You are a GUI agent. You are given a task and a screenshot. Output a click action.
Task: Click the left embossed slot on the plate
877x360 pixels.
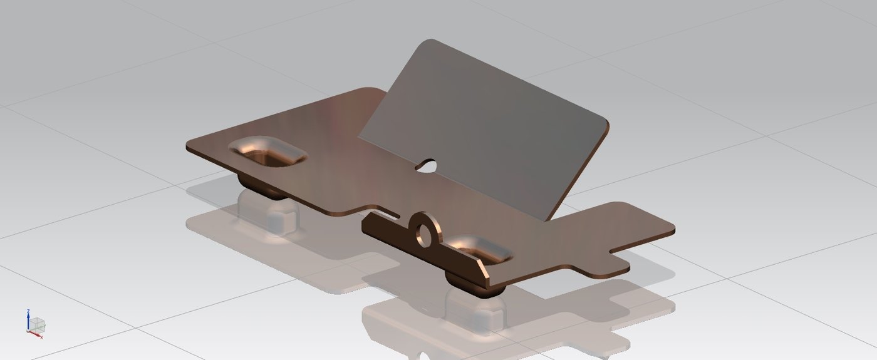click(x=267, y=153)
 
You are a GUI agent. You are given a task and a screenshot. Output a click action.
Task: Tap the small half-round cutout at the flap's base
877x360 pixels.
click(x=428, y=165)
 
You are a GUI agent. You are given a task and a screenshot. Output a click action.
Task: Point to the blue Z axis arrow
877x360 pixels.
click(x=28, y=319)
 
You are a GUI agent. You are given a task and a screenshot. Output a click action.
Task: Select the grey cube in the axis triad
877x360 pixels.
click(x=38, y=324)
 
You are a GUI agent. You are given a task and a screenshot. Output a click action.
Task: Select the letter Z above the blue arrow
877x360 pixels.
click(x=28, y=311)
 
